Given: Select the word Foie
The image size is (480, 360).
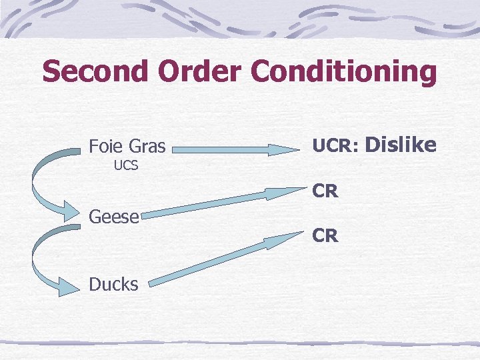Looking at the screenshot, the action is [106, 145].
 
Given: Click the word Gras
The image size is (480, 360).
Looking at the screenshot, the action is [147, 145].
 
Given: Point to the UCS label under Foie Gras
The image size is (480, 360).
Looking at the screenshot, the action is [126, 165].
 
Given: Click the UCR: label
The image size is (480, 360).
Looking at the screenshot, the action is [335, 145].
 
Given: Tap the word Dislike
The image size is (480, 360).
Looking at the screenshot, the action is [401, 144].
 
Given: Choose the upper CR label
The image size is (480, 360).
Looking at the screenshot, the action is [325, 192].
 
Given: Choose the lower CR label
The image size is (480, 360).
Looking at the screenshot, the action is [325, 236].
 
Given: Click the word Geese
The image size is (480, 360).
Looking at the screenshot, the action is [114, 216].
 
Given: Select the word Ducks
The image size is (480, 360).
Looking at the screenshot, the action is [114, 285].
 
